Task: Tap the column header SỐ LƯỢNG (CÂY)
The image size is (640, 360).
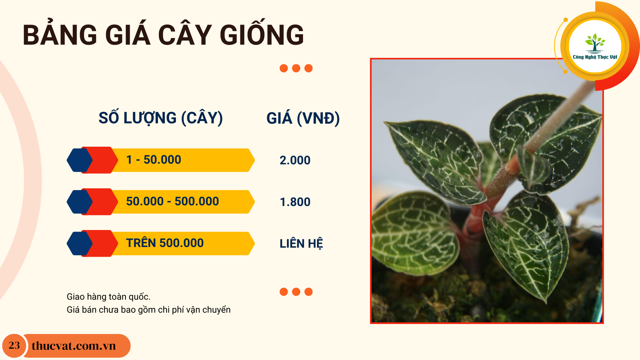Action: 161,118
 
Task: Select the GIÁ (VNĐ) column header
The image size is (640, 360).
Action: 303,118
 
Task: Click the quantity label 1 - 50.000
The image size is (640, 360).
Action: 154,160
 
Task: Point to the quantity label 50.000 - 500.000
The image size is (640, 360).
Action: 173,201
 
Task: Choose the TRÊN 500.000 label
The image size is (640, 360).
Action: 165,243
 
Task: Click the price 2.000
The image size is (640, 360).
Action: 295,160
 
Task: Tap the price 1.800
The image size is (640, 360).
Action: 295,202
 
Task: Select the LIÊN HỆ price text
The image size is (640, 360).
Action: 301,243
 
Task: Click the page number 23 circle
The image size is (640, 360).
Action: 14,346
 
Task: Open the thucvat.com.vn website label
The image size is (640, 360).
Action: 74,346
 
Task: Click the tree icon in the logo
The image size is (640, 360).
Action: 595,43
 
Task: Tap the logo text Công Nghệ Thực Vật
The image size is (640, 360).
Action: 595,57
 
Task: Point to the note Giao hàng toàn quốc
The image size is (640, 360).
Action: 109,297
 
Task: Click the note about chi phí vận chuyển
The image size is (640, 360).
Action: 149,310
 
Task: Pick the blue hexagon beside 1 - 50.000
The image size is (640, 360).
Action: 80,160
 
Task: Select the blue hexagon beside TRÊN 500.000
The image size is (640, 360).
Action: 80,243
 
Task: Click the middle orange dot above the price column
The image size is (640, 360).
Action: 296,68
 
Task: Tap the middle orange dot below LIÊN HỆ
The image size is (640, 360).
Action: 296,292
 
